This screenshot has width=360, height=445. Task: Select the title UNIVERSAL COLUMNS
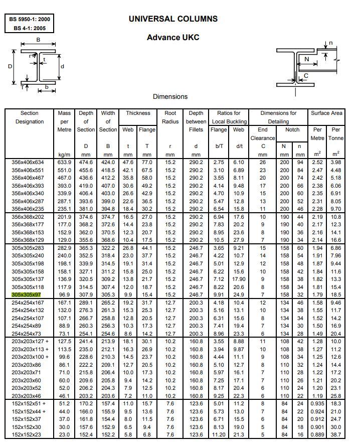173,19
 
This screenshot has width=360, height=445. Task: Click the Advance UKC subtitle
173,38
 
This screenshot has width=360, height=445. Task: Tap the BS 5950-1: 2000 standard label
29,20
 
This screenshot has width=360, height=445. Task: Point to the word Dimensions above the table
170,96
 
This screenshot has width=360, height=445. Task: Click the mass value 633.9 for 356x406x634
64,162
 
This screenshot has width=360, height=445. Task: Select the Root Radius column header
170,117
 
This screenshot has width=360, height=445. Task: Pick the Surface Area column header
326,113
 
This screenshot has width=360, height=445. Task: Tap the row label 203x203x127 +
30,342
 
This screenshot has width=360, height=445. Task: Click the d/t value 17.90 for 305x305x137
239,279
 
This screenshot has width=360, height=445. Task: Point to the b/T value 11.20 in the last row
218,434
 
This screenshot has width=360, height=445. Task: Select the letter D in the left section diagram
10,66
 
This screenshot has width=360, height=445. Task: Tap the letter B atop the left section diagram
38,40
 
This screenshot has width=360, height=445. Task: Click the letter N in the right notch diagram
307,59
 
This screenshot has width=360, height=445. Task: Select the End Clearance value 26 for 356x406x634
263,162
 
